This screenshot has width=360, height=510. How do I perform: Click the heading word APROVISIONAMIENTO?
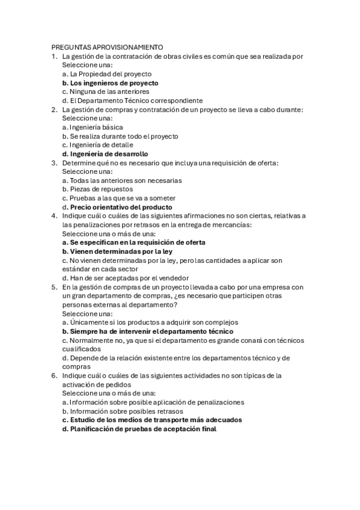(129, 47)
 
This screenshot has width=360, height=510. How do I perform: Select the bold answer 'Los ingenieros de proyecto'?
(110, 83)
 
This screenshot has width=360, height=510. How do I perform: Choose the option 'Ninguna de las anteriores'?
(105, 91)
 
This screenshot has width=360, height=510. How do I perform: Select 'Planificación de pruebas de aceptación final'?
(139, 429)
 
